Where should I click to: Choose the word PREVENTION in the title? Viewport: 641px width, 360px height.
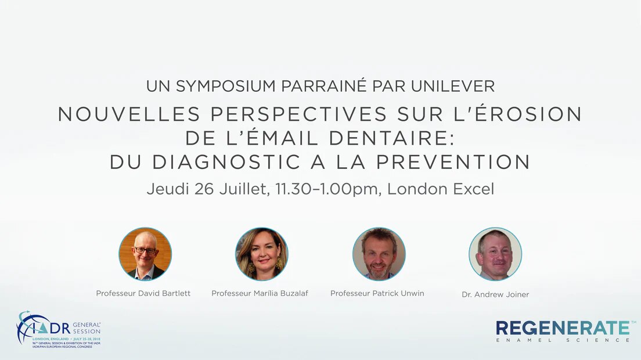point(453,162)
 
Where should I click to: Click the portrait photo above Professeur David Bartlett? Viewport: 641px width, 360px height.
point(145,254)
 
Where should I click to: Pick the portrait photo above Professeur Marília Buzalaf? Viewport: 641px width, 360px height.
point(262,254)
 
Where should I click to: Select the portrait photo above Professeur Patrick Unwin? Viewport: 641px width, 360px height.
point(379,254)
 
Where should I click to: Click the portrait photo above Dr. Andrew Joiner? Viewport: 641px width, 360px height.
point(495,254)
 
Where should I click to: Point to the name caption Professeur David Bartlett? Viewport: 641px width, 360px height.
point(143,293)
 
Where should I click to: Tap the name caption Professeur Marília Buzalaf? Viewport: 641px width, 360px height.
point(260,293)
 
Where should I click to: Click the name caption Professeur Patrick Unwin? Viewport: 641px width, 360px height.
point(377,293)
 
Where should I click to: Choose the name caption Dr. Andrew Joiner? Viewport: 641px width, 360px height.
point(495,294)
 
